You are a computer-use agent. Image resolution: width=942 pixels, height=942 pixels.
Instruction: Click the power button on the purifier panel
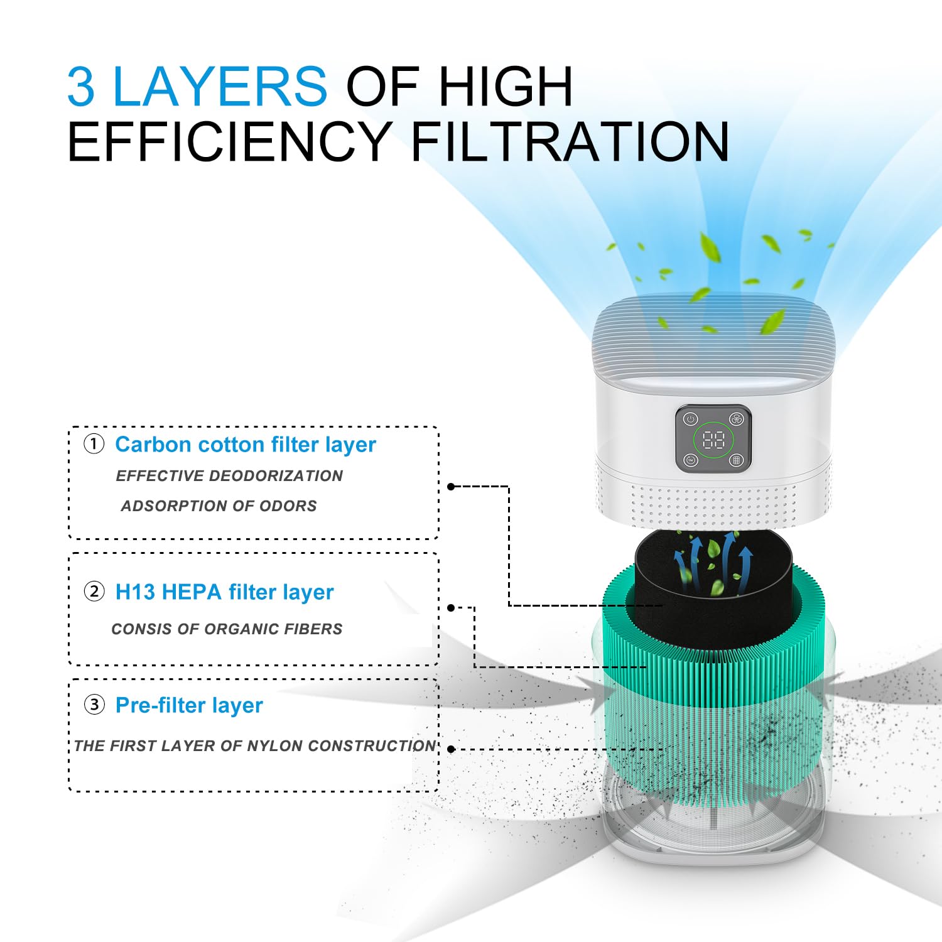pos(691,420)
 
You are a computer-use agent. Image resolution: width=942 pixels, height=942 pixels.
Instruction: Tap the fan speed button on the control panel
pos(736,420)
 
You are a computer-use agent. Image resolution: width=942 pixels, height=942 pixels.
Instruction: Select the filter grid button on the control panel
pos(736,460)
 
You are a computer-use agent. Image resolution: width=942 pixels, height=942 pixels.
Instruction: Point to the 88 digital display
pos(713,440)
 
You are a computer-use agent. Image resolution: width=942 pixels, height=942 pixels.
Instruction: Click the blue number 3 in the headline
pos(81,87)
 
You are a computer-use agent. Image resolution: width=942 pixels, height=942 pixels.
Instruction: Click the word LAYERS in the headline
pos(219,87)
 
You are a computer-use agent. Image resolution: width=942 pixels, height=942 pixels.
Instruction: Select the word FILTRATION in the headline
pos(570,142)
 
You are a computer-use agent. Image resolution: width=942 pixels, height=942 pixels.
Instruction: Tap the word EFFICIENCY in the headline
pos(229,142)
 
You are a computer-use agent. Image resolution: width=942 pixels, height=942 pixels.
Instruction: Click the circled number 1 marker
pos(94,445)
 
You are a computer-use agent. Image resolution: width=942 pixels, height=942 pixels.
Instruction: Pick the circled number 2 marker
pos(94,592)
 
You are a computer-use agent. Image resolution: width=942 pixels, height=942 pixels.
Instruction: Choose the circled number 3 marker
pos(94,705)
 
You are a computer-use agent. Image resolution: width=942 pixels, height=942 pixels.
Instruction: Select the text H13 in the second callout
pos(134,592)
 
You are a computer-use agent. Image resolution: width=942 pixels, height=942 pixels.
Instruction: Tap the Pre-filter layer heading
pos(188,705)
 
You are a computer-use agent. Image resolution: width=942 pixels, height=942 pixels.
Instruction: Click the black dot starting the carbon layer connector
pos(451,487)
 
